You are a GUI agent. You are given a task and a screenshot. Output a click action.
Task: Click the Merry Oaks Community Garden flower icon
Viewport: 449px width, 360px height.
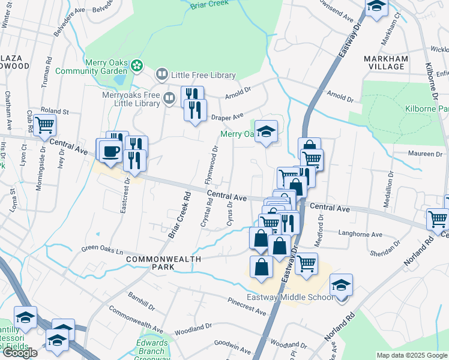point(137,65)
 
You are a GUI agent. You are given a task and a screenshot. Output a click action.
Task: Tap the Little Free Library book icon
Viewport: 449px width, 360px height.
point(161,75)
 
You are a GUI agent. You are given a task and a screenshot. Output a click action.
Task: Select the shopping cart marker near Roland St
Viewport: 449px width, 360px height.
point(44,125)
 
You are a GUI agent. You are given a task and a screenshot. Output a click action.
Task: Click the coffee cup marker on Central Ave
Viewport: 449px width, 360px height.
point(110,151)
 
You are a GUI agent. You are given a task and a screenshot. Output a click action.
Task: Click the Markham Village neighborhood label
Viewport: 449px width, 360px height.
point(386,62)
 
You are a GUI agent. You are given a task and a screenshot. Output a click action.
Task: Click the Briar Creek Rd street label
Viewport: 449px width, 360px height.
point(178,215)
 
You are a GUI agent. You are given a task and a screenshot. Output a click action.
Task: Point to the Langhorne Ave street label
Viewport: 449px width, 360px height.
point(360,235)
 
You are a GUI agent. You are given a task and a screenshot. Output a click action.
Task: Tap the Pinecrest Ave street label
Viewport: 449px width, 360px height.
point(246,307)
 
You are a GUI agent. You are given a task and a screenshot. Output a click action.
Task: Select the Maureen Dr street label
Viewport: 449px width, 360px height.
point(426,154)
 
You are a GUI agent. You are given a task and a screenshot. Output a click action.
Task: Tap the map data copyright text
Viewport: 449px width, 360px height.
point(412,355)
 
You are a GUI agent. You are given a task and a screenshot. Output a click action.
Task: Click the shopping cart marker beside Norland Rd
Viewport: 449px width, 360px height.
point(438,219)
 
